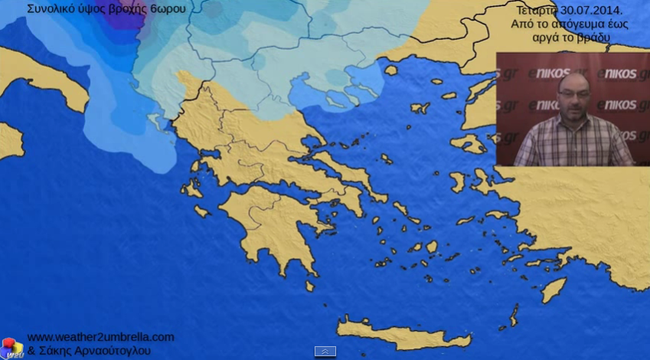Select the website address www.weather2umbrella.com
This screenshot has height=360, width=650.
pos(100,337)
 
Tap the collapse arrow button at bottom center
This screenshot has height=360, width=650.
pos(325,351)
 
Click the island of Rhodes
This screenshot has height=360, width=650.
pos(553,290)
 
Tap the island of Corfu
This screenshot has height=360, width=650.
pos(156,122)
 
